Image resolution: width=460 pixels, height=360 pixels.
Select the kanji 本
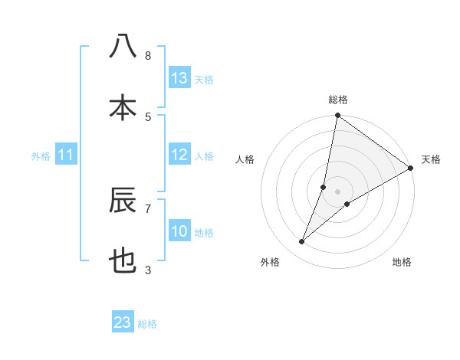point(123,107)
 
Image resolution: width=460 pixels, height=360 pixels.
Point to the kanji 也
point(123,261)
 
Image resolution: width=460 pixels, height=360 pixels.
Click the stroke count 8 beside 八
point(148,56)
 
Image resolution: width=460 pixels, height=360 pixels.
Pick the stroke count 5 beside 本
point(148,116)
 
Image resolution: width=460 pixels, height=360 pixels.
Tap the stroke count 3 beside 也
point(148,270)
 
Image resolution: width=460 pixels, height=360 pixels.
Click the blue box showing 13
point(179,78)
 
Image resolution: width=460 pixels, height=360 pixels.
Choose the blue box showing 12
point(179,155)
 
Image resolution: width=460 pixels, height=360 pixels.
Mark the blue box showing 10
point(179,231)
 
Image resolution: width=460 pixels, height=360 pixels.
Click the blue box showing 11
point(66,155)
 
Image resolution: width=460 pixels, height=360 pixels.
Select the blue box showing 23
point(123,322)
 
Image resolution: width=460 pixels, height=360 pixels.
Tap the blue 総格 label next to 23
point(147,324)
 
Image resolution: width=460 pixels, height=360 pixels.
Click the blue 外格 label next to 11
point(41,156)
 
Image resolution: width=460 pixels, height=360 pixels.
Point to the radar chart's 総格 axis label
point(338,100)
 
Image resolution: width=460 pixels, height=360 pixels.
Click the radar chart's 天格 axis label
point(431,159)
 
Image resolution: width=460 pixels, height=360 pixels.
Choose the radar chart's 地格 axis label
point(402,262)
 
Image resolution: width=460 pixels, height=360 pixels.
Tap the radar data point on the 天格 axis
point(410,169)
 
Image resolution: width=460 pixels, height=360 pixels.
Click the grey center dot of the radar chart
point(338,191)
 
